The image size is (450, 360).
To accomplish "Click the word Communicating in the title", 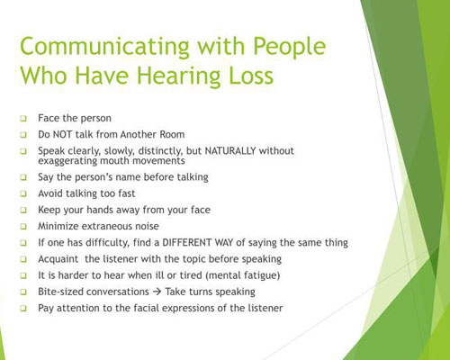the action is [x=105, y=47].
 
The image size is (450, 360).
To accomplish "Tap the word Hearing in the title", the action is [x=179, y=76].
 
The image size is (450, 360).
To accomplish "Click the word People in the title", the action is [x=290, y=47].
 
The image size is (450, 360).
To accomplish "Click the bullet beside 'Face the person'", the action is [x=23, y=119].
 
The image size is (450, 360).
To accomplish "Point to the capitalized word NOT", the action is [x=62, y=134].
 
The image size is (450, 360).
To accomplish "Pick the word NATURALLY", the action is [x=230, y=150].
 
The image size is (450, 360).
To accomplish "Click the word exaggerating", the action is [x=67, y=161].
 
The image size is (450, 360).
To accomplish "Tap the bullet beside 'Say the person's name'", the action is [x=23, y=177].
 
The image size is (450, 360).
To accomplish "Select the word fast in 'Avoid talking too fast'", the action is [x=126, y=193].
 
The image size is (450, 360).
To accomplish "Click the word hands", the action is [x=100, y=210].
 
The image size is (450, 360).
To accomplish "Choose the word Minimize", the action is [x=58, y=226].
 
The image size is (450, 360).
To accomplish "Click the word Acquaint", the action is [x=58, y=259].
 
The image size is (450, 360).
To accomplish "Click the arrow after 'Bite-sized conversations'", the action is [x=157, y=292].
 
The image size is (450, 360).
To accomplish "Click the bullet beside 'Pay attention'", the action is [x=23, y=308].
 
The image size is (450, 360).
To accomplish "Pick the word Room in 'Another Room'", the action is [x=172, y=134].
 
